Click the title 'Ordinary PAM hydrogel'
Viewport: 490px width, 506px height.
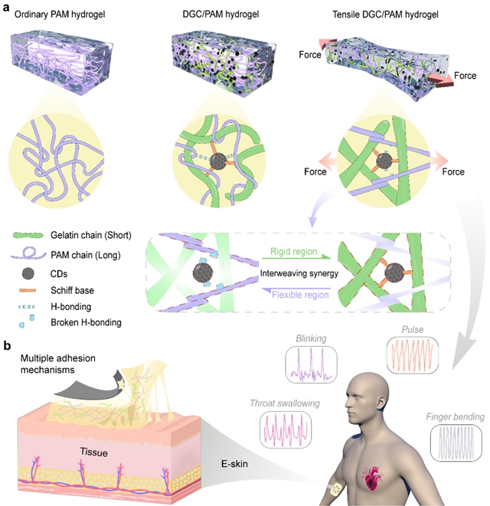60,15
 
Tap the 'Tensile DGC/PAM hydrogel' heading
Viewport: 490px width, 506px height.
385,15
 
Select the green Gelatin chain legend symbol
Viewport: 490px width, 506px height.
28,235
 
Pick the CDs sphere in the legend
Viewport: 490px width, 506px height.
28,274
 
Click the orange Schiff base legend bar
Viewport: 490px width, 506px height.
28,290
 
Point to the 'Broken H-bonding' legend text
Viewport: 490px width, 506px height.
86,322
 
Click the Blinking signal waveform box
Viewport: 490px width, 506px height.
311,364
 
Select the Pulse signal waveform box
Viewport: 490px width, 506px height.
413,355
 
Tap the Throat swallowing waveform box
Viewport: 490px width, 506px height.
286,430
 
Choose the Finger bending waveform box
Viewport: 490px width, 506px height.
456,442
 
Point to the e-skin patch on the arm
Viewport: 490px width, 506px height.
336,490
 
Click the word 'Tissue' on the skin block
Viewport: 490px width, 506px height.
93,452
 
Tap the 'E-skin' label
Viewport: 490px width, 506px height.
234,464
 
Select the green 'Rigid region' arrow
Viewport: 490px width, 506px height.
296,257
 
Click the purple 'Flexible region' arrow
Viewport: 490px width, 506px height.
296,289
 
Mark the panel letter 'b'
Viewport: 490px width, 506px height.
7,345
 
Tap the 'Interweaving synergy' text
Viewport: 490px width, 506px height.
299,273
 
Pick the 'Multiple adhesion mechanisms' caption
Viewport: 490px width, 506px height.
57,364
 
